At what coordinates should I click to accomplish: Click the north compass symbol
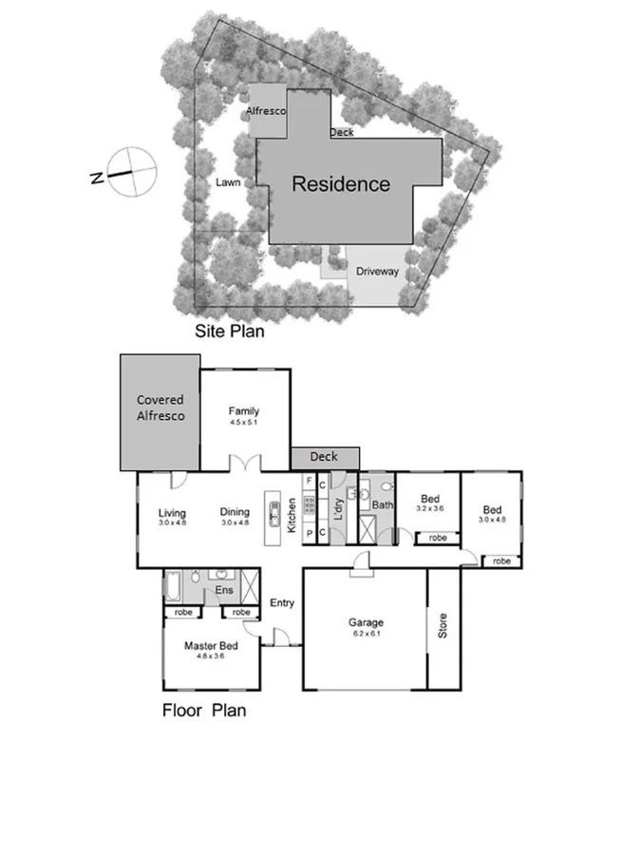point(130,172)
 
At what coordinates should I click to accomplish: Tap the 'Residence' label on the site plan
point(340,184)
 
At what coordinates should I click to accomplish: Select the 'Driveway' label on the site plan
point(377,272)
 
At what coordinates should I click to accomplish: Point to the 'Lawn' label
point(226,182)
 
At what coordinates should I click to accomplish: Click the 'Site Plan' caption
point(230,332)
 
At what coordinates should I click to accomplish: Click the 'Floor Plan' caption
point(204,709)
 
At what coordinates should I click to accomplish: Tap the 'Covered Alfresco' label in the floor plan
point(160,408)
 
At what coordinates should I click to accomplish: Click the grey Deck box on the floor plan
point(324,457)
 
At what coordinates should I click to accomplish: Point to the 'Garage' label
point(366,623)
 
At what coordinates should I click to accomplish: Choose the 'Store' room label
point(442,626)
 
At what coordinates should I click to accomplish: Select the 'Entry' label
point(282,602)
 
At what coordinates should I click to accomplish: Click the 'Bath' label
point(383,505)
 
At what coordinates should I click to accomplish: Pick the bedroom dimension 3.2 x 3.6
point(430,508)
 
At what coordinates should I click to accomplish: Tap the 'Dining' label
point(235,512)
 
